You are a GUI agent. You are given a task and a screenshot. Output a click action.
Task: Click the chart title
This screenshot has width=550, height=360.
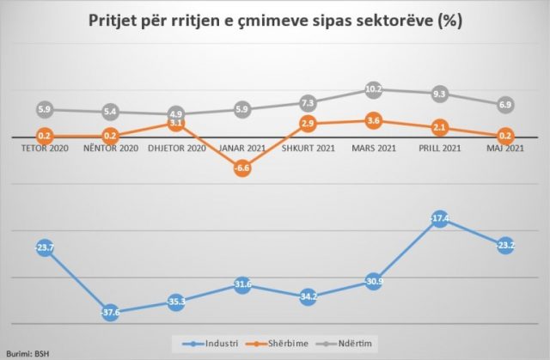(275, 21)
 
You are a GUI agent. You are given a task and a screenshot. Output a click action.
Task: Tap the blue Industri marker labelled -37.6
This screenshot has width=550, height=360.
(111, 311)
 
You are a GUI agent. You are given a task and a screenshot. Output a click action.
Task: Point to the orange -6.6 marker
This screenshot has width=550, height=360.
(241, 168)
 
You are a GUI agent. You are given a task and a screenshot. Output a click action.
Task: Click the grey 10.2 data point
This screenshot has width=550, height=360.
(373, 89)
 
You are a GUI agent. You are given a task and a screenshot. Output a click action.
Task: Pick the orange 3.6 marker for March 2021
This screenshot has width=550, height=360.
(373, 121)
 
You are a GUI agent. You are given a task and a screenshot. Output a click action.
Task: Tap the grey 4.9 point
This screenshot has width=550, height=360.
(176, 113)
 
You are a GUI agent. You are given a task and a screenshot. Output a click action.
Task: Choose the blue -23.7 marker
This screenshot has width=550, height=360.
(46, 248)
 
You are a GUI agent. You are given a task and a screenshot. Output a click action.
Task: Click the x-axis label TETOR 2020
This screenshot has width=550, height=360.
(46, 148)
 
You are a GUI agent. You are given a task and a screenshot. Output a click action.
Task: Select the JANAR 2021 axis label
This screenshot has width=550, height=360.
(241, 148)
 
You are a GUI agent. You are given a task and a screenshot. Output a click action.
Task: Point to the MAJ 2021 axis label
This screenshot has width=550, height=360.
(505, 148)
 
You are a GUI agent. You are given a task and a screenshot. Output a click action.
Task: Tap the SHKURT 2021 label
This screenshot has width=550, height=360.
(308, 148)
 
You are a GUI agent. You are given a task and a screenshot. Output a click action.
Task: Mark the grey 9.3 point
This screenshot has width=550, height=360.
(439, 94)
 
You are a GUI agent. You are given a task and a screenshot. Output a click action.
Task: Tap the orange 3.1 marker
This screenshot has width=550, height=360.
(176, 124)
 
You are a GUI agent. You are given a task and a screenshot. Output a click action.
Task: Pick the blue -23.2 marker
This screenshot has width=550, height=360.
(505, 245)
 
